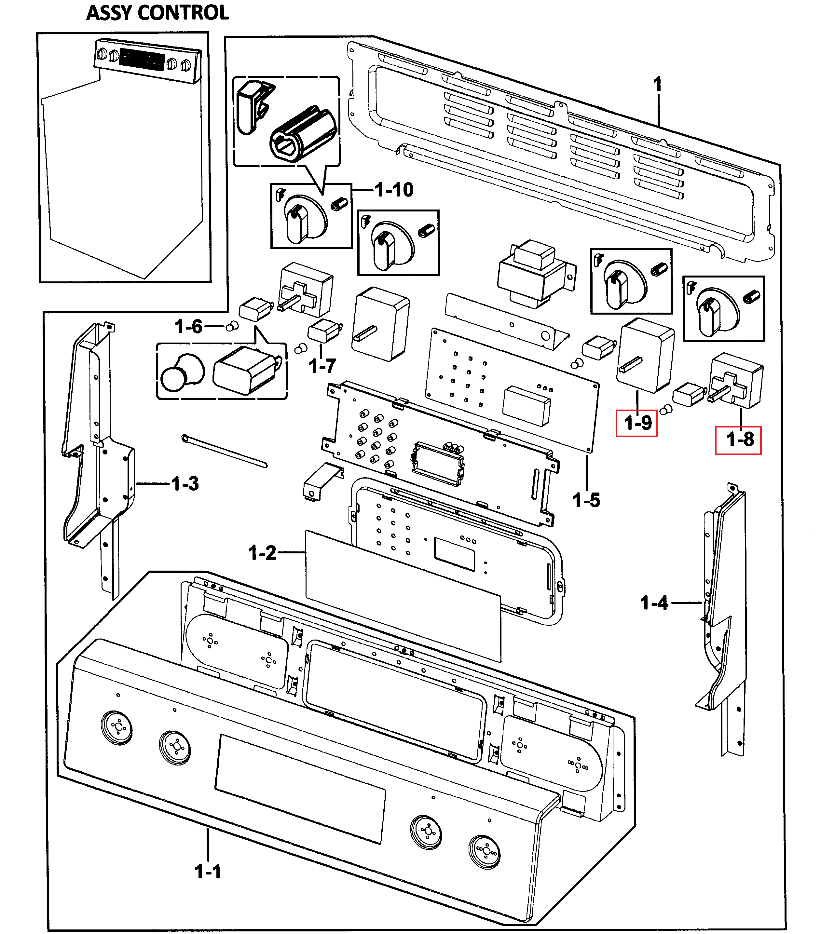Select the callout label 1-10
click(x=394, y=190)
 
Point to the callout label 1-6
click(x=188, y=327)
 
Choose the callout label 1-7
click(x=322, y=366)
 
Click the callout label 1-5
click(x=586, y=500)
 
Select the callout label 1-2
click(x=262, y=553)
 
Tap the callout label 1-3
click(x=185, y=483)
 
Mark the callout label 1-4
click(x=654, y=603)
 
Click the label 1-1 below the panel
click(x=208, y=872)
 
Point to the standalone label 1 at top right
click(x=657, y=85)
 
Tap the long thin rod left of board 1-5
click(x=224, y=451)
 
